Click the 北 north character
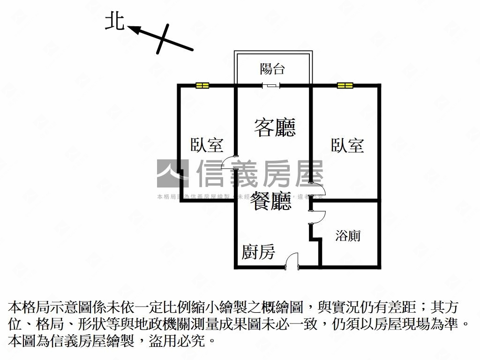(114, 22)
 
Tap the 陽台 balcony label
(272, 69)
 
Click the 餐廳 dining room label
(271, 201)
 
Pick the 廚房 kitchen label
(258, 252)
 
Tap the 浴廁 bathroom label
(348, 235)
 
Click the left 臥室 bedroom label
(206, 145)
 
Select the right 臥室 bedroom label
(347, 145)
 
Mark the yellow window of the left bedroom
(202, 85)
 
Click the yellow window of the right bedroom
(345, 85)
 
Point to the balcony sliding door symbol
(271, 85)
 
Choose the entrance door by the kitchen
(292, 261)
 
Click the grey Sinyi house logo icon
(172, 173)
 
